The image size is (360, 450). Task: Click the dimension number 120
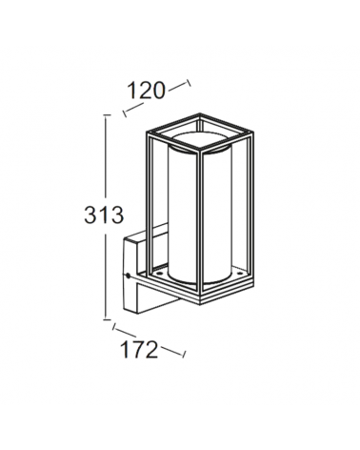coord(145,90)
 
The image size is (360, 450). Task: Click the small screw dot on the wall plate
coord(128,276)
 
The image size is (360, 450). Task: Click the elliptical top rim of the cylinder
coord(201,151)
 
